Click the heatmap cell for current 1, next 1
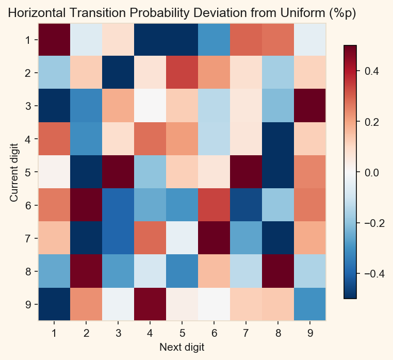tap(54, 40)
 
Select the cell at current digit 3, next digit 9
tap(310, 106)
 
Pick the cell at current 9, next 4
tap(150, 304)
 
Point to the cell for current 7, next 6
tap(214, 238)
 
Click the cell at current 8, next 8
tap(279, 271)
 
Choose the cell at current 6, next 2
tap(86, 205)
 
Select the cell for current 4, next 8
tap(279, 139)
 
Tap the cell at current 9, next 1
tap(54, 304)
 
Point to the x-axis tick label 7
tap(246, 333)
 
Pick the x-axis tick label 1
tap(54, 333)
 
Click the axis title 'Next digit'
tap(182, 347)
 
